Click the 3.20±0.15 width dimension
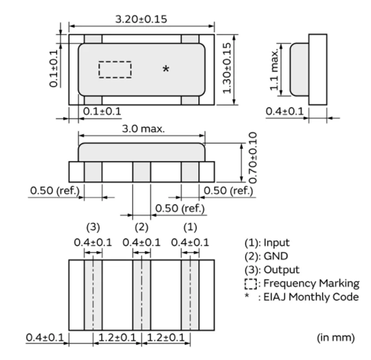coord(141,19)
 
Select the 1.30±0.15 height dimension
coord(227,68)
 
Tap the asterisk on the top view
coord(166,69)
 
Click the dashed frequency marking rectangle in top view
coord(115,69)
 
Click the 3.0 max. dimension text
coord(141,129)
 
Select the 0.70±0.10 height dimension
coord(252,157)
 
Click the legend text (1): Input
coord(267,242)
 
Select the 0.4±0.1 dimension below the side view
coord(285,111)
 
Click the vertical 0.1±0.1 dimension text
coord(54,68)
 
